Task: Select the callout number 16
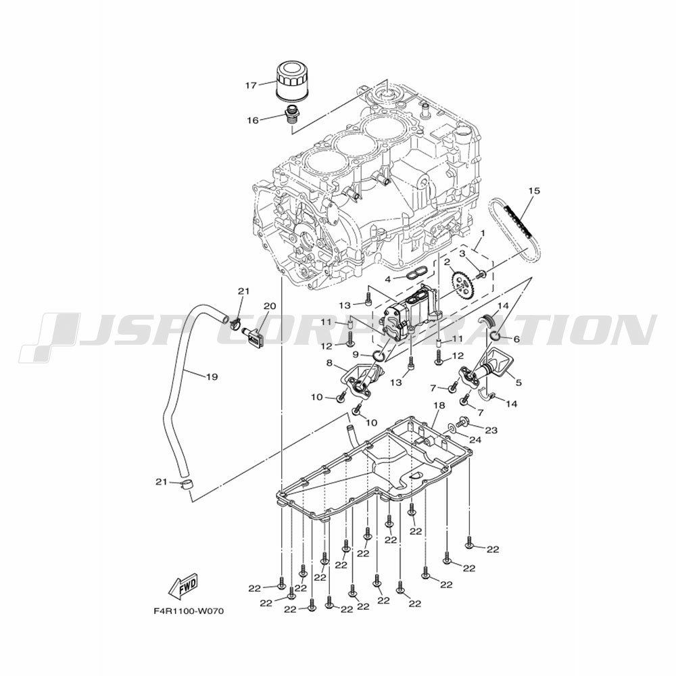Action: [253, 120]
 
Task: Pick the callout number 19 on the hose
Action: [212, 377]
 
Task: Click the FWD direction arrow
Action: [183, 585]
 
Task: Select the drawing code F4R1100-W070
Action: [189, 611]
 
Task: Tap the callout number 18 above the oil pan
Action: [439, 405]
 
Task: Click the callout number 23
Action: [491, 430]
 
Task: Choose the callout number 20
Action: [270, 306]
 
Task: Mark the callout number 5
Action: [518, 382]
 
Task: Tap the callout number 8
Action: [329, 362]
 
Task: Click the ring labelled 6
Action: [495, 335]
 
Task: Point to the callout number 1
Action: [483, 233]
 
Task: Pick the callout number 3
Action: [462, 254]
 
